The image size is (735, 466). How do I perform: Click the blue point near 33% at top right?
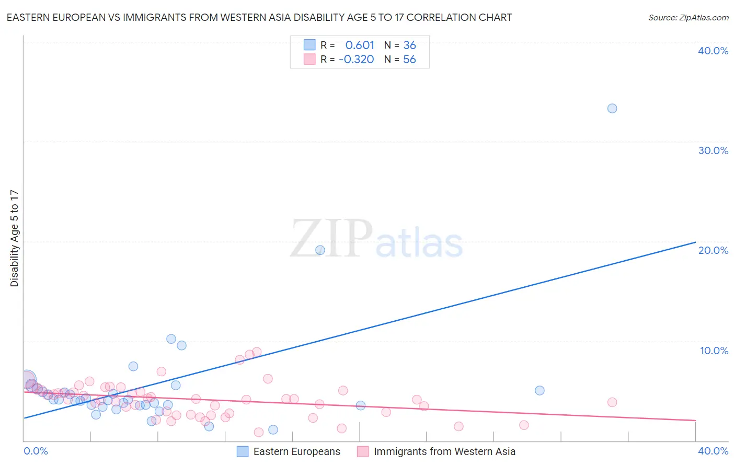pos(612,109)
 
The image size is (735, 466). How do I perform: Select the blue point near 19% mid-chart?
pos(320,250)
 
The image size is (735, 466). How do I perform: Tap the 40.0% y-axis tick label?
pos(713,51)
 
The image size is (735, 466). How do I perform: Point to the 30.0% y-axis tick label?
pos(713,150)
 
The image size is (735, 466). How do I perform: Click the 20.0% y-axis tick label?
pos(713,250)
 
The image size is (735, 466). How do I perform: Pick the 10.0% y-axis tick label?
pos(714,351)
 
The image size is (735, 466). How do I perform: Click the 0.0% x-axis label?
pos(36,451)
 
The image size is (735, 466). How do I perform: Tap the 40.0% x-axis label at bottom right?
pos(713,451)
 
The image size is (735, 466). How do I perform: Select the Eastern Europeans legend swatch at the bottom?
pos(243,451)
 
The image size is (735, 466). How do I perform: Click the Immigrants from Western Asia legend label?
pos(444,451)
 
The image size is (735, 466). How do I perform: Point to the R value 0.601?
pos(360,45)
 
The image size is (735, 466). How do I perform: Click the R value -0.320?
pos(357,60)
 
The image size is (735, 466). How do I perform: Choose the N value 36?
pos(409,45)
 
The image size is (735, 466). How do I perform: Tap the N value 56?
pos(409,60)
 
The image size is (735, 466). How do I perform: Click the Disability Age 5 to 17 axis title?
pos(15,238)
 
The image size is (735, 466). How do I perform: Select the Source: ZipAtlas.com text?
pos(688,18)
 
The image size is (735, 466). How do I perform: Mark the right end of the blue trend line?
pos(695,242)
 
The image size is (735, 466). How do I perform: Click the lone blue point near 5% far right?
pos(539,391)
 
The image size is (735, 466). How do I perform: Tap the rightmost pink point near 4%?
pos(612,402)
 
